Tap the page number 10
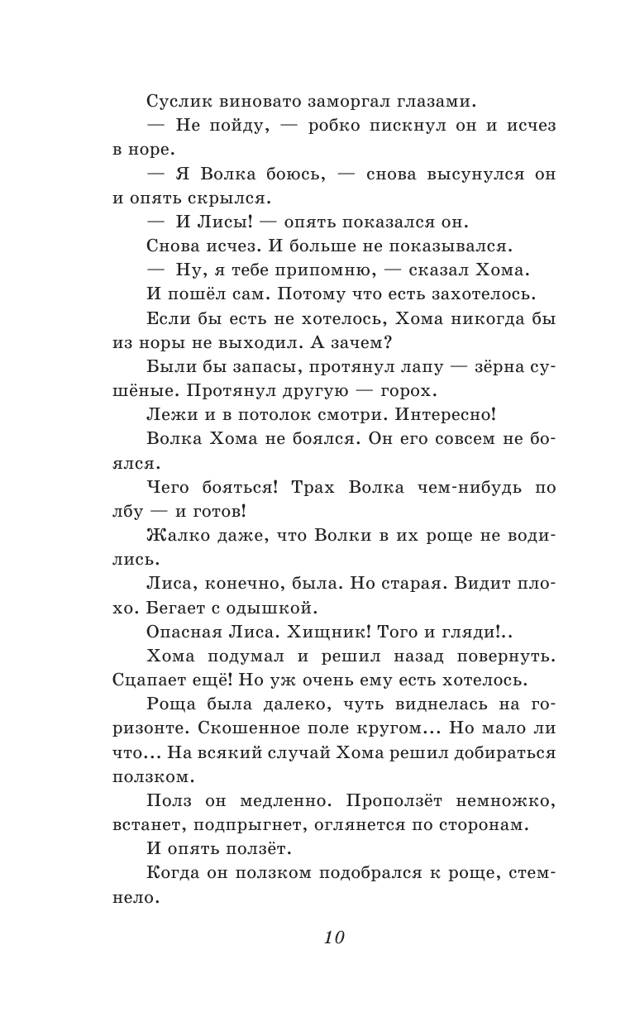click(333, 938)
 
